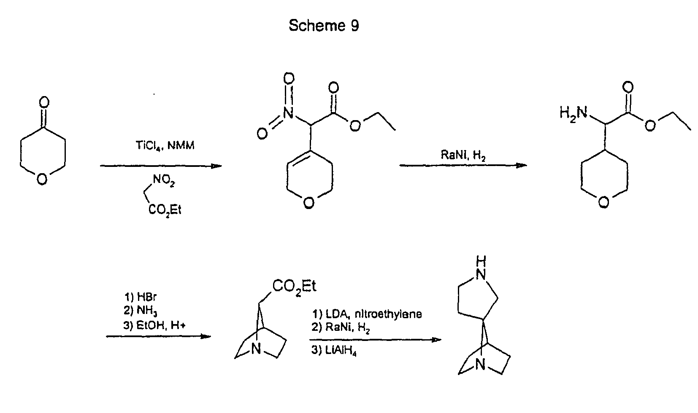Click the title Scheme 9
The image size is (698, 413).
pos(324,26)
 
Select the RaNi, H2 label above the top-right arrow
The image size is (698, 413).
pos(463,155)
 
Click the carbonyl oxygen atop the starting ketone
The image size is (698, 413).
pos(43,102)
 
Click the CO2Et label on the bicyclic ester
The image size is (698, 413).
pos(294,287)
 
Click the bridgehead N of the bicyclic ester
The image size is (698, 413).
pos(256,349)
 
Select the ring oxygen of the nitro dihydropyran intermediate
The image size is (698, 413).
pos(308,204)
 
